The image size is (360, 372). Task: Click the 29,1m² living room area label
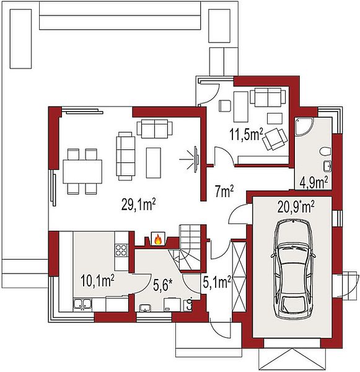(139, 205)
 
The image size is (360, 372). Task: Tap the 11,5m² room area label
(246, 135)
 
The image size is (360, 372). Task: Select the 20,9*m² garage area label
(296, 207)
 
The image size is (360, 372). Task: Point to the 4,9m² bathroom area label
(314, 182)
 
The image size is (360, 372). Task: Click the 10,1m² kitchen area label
(97, 281)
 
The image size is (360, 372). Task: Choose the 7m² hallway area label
(224, 192)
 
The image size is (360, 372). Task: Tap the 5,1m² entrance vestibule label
(217, 282)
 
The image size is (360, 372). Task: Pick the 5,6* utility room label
(163, 285)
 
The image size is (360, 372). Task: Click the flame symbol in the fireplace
(158, 239)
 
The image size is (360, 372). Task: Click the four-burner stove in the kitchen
(121, 250)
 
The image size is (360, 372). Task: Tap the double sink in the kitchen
(82, 305)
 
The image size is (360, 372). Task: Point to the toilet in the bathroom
(325, 152)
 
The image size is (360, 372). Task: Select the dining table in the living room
(82, 171)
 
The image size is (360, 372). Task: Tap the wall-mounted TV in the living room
(196, 158)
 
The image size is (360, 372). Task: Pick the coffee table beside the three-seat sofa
(154, 162)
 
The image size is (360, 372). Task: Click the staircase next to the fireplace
(190, 247)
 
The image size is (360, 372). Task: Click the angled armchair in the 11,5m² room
(275, 139)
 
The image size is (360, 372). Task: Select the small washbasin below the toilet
(328, 166)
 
